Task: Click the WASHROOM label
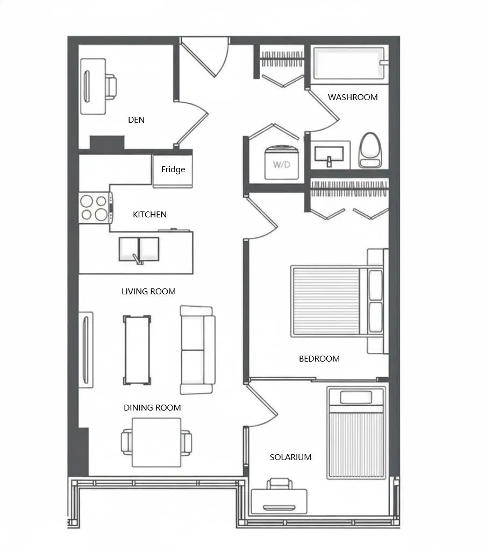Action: click(x=353, y=97)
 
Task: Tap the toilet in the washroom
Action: click(x=370, y=150)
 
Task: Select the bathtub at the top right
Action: click(x=348, y=64)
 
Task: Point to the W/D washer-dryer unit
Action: click(x=281, y=162)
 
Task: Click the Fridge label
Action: click(x=173, y=169)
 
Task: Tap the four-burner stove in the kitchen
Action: click(x=95, y=208)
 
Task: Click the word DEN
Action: click(x=136, y=119)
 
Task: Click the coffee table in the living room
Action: click(x=137, y=350)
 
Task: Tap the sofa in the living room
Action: click(x=197, y=350)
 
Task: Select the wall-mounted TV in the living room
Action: click(x=85, y=349)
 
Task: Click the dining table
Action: click(x=156, y=442)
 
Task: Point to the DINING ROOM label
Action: click(x=152, y=407)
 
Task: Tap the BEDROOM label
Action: click(x=319, y=358)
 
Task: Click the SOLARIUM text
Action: click(x=290, y=457)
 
